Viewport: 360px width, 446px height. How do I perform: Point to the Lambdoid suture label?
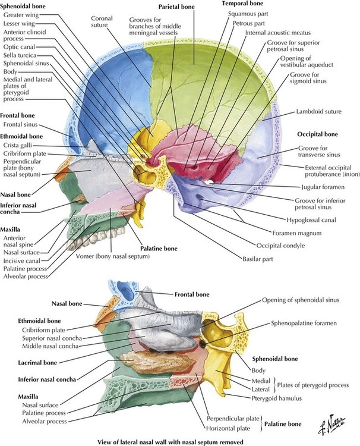pos(318,111)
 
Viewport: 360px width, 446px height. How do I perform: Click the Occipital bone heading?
pos(317,135)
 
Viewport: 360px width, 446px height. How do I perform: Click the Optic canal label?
pos(21,48)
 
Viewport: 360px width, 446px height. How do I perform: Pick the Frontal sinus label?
pos(22,125)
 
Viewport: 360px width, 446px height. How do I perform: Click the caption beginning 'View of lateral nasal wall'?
pos(179,441)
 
